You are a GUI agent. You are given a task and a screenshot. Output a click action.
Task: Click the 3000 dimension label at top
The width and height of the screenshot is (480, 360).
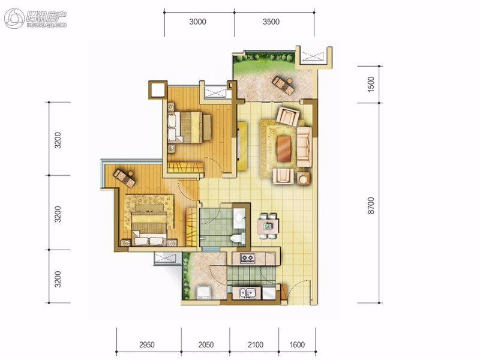click(197, 22)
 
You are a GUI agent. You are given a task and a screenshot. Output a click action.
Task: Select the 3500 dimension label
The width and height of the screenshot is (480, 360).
click(271, 22)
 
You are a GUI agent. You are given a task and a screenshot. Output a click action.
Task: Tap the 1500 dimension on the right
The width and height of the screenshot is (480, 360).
click(371, 84)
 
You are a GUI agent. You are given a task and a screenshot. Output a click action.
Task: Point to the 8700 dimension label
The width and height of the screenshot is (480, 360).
click(371, 205)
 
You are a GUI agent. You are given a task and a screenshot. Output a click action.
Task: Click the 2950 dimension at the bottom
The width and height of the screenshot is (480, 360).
click(147, 344)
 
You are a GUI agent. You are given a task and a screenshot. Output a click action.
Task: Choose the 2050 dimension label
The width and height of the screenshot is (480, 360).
click(206, 344)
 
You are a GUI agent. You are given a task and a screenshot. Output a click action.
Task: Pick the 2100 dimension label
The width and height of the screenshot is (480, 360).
click(256, 344)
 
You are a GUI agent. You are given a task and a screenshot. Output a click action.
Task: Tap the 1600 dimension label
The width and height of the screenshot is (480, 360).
click(297, 344)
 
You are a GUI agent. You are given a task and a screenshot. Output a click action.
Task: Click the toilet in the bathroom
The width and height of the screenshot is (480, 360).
click(238, 238)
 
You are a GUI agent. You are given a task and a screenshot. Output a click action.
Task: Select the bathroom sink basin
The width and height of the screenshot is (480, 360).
click(239, 218)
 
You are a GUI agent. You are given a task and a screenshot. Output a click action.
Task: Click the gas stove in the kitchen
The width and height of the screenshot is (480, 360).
click(247, 258)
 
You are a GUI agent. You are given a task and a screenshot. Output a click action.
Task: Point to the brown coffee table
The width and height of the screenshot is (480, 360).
click(283, 148)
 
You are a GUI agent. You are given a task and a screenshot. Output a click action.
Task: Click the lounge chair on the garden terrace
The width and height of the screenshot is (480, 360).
click(283, 85)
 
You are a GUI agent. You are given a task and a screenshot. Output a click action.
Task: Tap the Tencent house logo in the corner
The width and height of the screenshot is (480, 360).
click(35, 19)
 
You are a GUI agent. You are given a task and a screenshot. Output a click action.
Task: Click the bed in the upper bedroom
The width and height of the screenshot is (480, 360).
click(189, 127)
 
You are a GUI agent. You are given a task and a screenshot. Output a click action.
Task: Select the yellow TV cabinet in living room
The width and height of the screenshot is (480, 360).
click(242, 146)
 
